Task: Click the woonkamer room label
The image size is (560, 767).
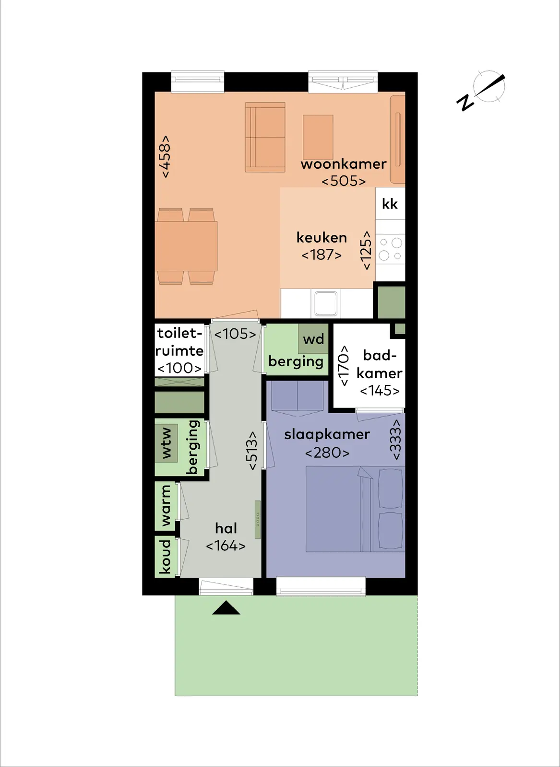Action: pos(344,164)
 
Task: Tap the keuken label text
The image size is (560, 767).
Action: pos(322,238)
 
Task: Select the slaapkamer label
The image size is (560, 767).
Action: pos(327,435)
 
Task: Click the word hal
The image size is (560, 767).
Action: pos(226,528)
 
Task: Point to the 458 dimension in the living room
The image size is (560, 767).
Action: pos(165,156)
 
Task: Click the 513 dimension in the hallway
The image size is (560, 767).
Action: pos(251,451)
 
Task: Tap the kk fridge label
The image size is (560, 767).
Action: pos(390,204)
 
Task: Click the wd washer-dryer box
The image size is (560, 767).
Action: pos(313,338)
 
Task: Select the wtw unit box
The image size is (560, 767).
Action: pos(166,443)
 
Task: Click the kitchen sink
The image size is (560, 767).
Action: pos(326,303)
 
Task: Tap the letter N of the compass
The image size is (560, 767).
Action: pos(465,103)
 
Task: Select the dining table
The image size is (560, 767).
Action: pos(186,246)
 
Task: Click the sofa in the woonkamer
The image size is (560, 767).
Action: pos(265,137)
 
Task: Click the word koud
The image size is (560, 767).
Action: pos(166,557)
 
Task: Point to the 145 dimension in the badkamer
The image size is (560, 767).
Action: pos(380,391)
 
